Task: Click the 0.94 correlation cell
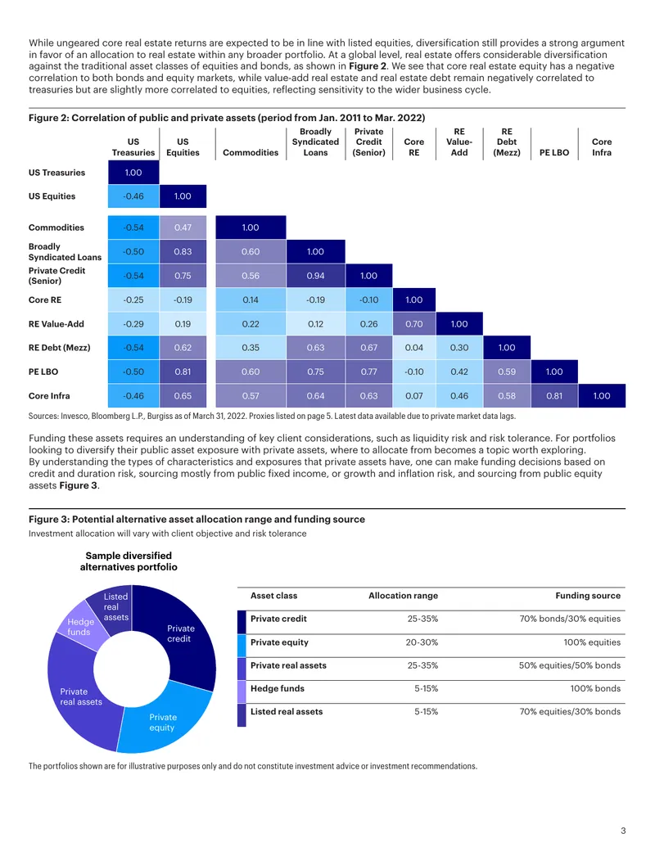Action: point(315,276)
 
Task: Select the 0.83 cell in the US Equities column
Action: point(183,252)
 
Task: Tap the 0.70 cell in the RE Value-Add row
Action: point(414,324)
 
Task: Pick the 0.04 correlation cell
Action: point(414,348)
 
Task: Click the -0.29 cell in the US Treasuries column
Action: point(133,324)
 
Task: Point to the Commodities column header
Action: point(251,153)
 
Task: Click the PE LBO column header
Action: point(554,153)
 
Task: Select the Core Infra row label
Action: point(49,396)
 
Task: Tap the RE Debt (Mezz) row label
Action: point(60,348)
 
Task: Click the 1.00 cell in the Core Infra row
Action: point(602,396)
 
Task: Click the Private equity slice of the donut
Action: point(162,719)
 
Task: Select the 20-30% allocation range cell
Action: point(422,642)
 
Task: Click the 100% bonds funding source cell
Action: point(595,689)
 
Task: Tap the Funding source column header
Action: point(588,596)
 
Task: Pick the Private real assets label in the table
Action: point(288,665)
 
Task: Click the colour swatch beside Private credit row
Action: point(242,622)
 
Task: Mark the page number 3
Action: point(623,831)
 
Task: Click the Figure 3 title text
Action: point(196,519)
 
